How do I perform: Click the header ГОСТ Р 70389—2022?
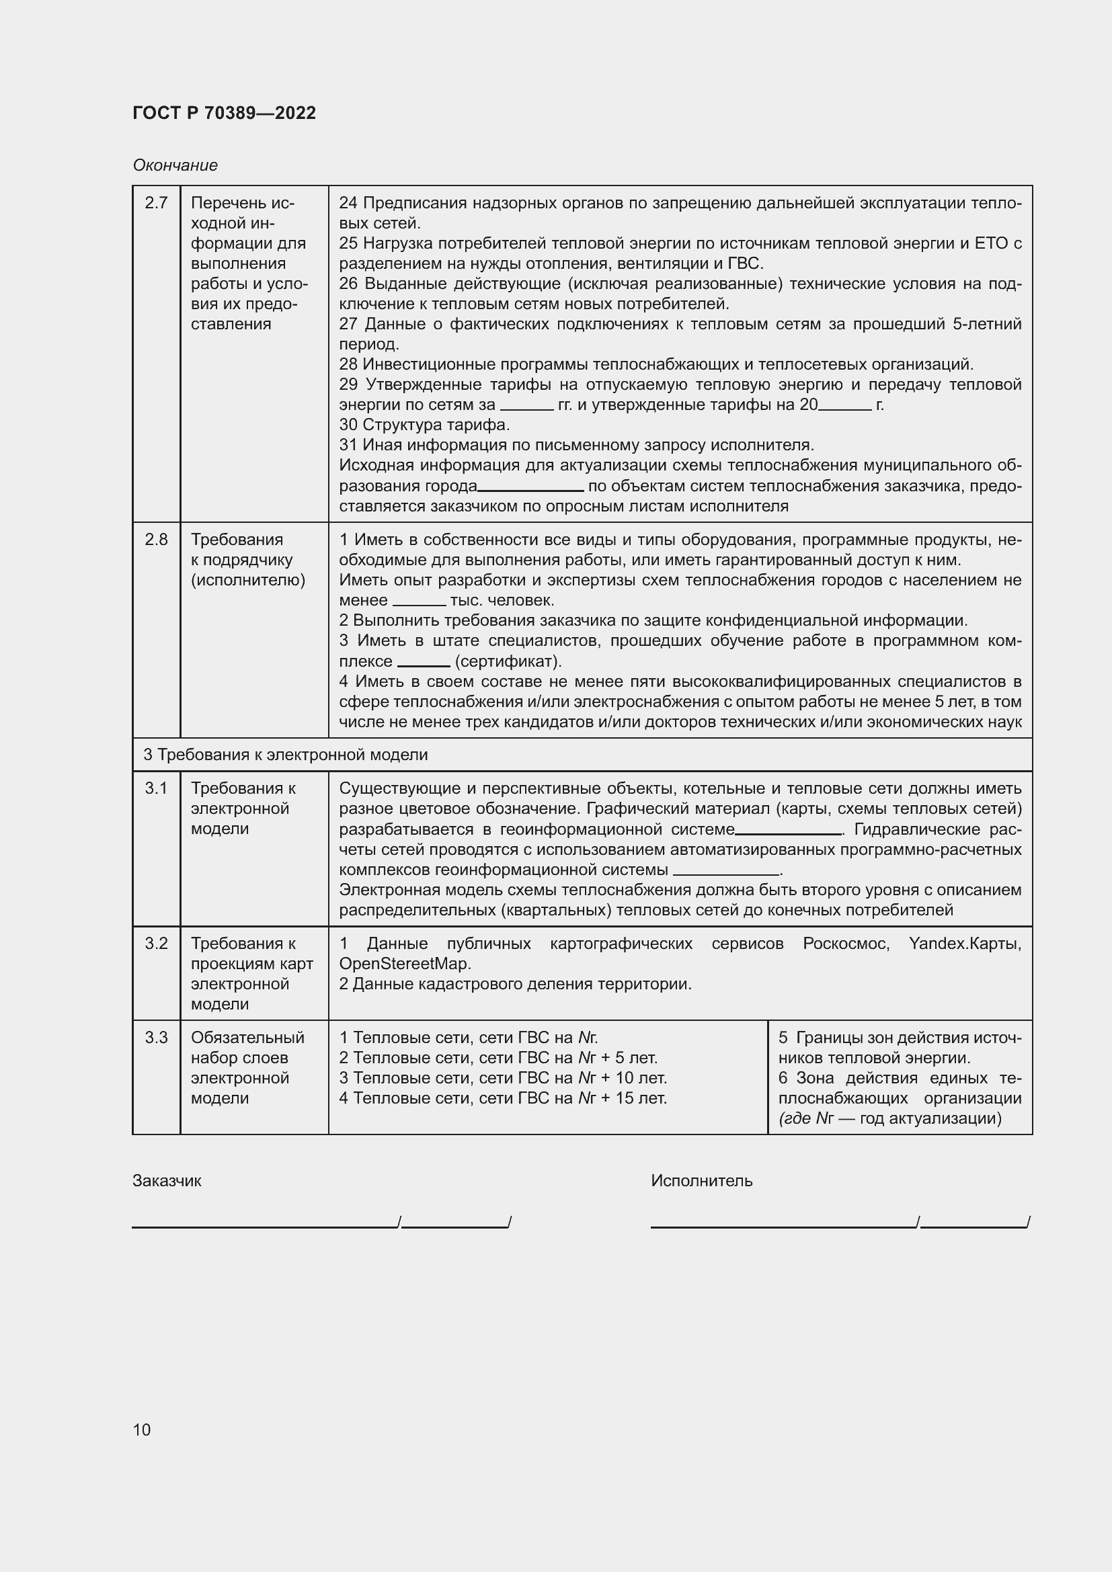224,113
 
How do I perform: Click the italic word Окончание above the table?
175,165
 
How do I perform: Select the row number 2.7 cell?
156,203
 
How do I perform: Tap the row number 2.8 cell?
156,540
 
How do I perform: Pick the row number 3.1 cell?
156,788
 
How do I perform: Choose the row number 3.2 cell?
156,944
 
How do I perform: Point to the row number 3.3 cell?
156,1037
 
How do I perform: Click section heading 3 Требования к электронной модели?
286,755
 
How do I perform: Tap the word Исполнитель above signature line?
701,1180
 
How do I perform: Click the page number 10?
142,1430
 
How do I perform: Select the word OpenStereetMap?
403,963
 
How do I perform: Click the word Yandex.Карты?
964,944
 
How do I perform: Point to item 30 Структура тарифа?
424,425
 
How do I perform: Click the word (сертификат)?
508,661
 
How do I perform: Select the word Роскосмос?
846,944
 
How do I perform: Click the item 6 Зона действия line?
899,1077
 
